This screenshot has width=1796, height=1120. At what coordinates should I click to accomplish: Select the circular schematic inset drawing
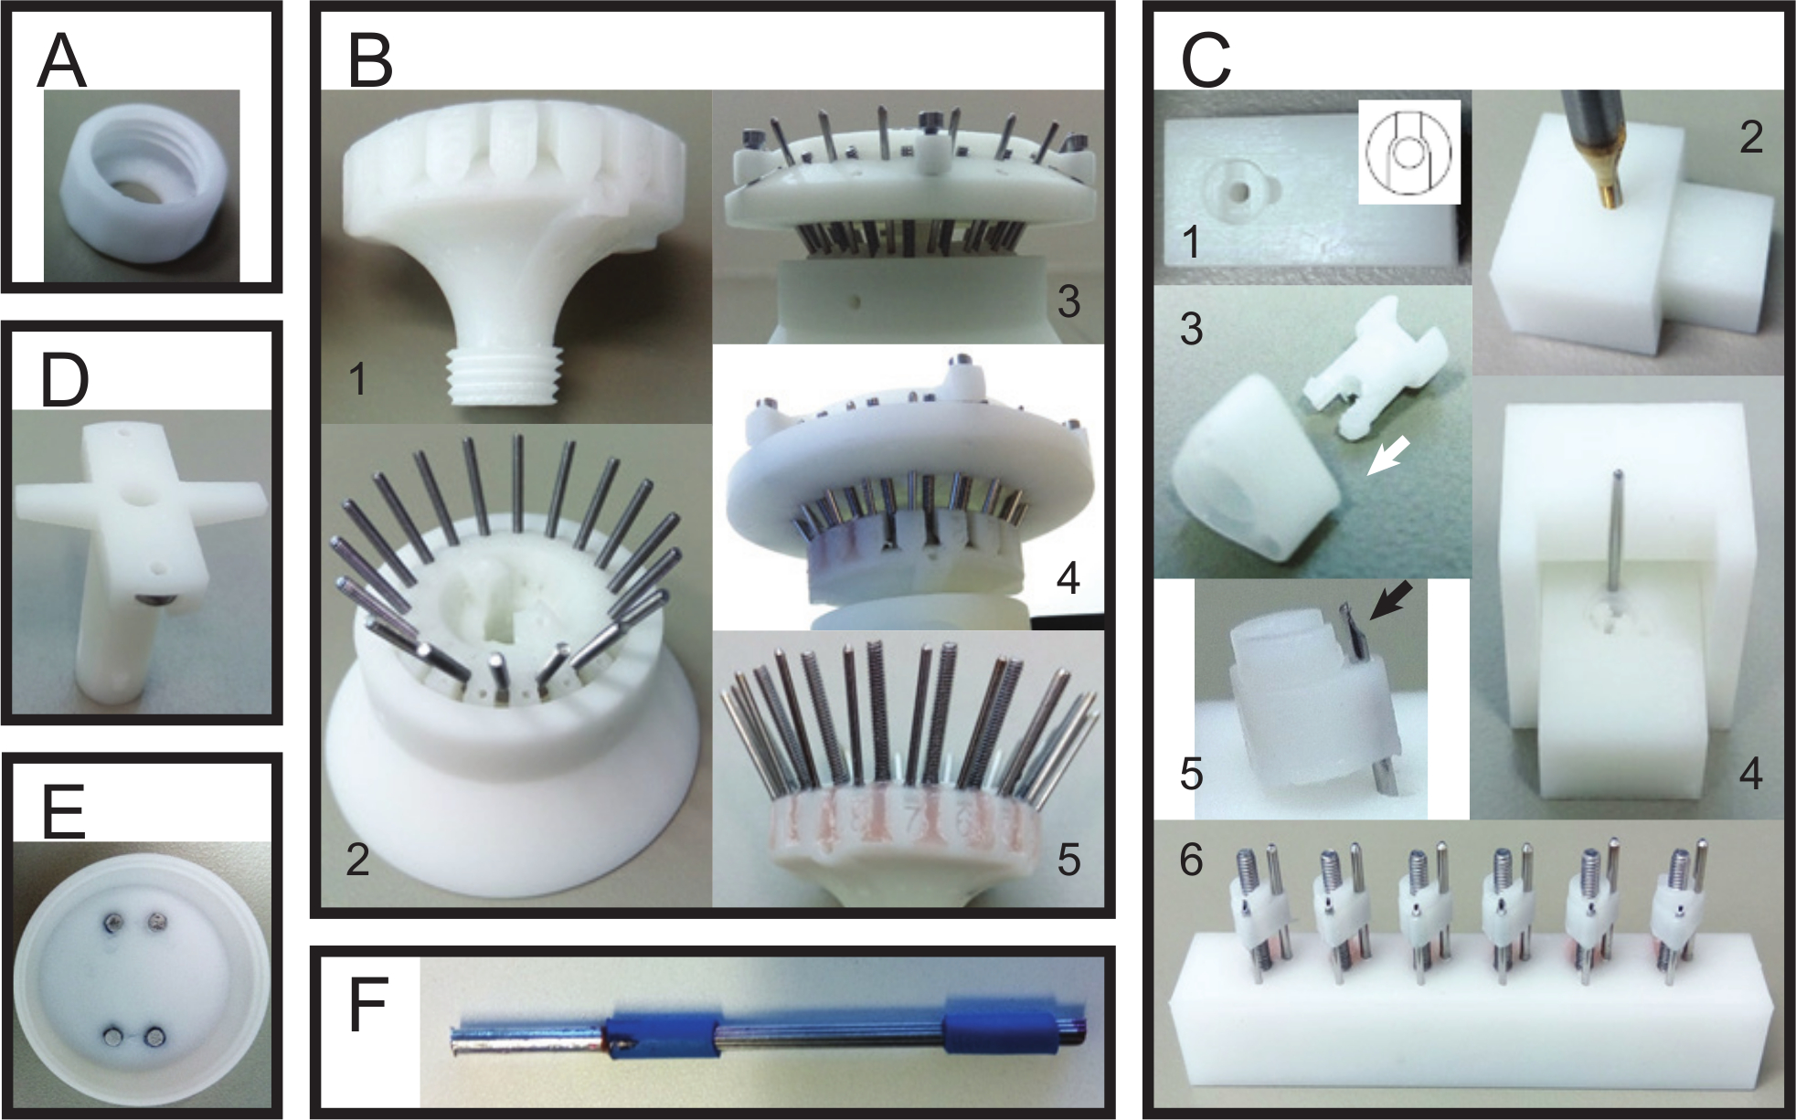click(x=1408, y=152)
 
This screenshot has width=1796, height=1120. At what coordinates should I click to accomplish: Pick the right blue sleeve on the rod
click(x=982, y=1037)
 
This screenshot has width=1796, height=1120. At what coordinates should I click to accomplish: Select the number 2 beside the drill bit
click(x=1749, y=137)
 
